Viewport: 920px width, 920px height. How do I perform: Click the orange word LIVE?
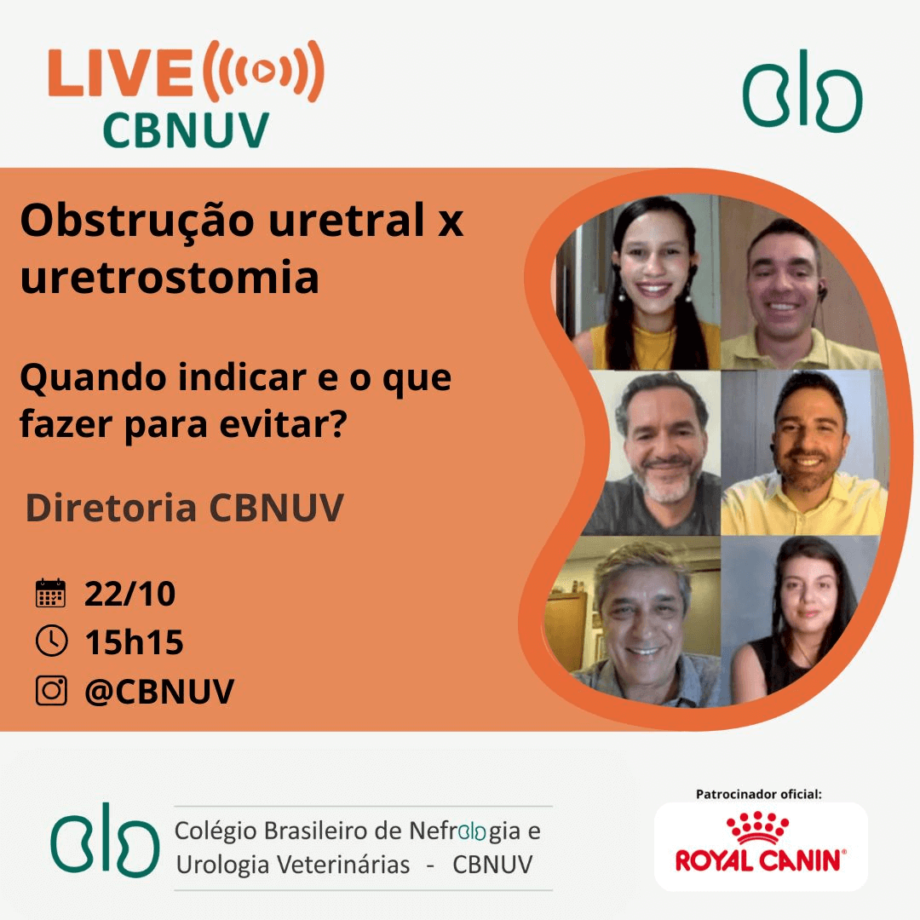[120, 72]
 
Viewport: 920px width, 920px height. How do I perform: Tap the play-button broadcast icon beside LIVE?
[263, 72]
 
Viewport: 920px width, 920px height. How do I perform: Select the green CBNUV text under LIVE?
[186, 130]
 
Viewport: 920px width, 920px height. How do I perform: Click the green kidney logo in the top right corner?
[802, 90]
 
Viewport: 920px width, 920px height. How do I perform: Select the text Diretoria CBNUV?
[184, 508]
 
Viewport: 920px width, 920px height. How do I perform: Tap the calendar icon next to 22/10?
[51, 593]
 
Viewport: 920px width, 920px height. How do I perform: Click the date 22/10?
[129, 594]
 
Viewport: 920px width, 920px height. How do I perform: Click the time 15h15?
[134, 642]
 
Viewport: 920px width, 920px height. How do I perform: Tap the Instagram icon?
[52, 690]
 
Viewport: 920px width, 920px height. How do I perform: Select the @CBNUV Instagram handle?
[159, 691]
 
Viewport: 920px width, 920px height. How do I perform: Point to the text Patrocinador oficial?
[759, 795]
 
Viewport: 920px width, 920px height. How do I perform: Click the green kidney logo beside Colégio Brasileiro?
[105, 840]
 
